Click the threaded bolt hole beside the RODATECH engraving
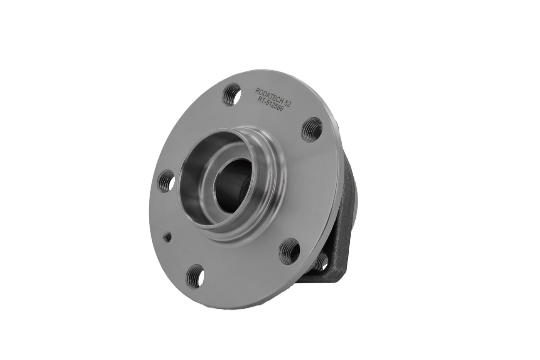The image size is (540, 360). [232, 95]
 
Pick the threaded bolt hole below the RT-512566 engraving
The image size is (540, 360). [312, 130]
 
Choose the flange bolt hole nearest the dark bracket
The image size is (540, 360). [289, 251]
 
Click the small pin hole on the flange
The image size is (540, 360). [167, 238]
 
